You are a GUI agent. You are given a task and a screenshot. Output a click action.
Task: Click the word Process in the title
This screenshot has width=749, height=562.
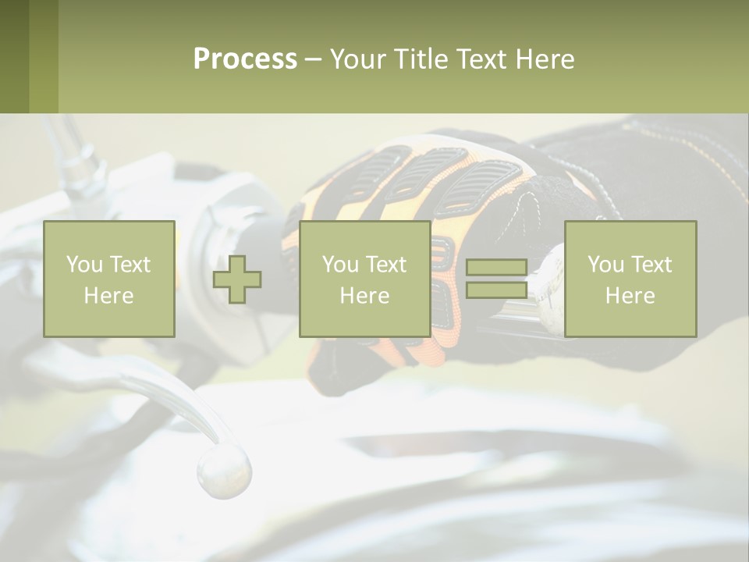coord(245,59)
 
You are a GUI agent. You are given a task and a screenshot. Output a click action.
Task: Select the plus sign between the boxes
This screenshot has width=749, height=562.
coord(237,279)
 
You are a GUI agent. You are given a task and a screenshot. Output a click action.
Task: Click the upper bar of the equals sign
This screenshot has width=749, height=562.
coord(496,268)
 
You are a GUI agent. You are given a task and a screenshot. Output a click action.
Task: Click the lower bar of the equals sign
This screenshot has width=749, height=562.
coord(496,290)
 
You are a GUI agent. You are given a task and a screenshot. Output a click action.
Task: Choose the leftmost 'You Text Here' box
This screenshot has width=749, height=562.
coord(109,279)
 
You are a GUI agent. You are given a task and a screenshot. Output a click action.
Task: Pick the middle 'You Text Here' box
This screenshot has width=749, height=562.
coord(364,279)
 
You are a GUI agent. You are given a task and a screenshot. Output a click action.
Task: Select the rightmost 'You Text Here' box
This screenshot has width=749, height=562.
coord(630,279)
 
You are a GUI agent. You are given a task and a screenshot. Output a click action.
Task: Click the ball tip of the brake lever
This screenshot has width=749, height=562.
coord(224,471)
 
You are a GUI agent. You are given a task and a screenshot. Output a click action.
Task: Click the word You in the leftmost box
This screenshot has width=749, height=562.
coord(83,265)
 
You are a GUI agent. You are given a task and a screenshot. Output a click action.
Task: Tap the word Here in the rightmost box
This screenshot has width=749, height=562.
coord(630,296)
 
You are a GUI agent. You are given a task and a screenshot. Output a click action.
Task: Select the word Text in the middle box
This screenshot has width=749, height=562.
coord(386,265)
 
